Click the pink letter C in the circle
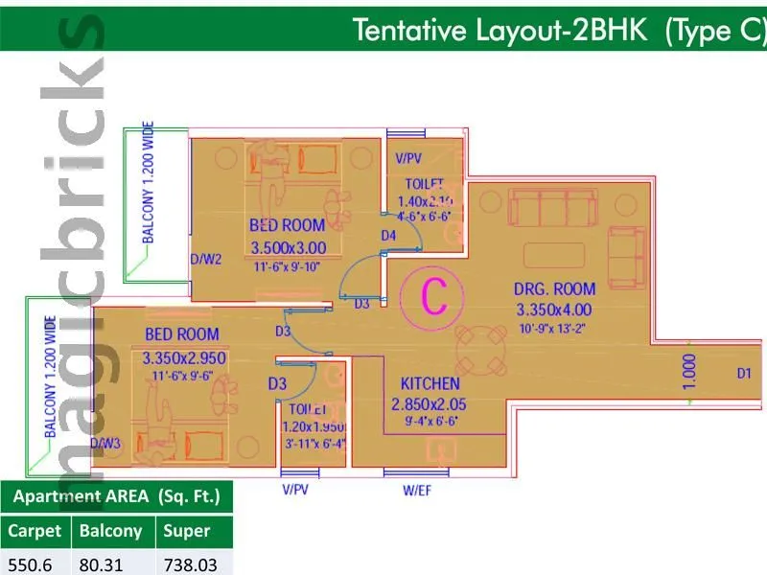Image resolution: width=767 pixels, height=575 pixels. click(436, 298)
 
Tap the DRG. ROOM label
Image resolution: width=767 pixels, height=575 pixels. click(555, 288)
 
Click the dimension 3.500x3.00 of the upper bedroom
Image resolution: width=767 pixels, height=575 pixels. click(288, 247)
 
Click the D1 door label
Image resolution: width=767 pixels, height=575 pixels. click(744, 373)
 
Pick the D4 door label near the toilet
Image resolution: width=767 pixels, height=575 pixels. click(388, 235)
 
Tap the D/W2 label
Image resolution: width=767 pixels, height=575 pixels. click(206, 259)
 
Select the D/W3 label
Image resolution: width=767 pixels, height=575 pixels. click(105, 443)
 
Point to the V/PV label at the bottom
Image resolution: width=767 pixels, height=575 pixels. click(295, 490)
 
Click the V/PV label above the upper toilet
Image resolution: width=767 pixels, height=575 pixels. click(408, 158)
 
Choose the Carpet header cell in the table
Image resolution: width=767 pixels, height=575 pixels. click(35, 530)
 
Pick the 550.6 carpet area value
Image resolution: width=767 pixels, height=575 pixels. click(30, 564)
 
